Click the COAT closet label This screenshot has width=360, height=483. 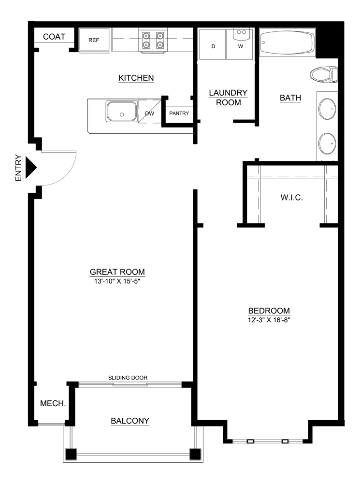[54, 37]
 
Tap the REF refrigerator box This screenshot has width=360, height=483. [94, 40]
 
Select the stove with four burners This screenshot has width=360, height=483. [153, 40]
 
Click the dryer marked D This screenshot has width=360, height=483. [213, 46]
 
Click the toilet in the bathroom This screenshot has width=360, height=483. [323, 74]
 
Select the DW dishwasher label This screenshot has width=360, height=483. [149, 114]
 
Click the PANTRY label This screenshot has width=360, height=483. [178, 114]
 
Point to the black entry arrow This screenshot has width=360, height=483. [31, 168]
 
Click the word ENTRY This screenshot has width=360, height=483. [18, 168]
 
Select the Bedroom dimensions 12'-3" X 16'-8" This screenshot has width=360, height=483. [269, 320]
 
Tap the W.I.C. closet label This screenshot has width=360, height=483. [292, 198]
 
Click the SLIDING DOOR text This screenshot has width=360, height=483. [128, 378]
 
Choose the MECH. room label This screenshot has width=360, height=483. [53, 403]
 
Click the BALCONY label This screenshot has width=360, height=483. [130, 421]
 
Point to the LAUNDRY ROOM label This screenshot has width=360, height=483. [228, 98]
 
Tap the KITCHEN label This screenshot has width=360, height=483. [136, 78]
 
